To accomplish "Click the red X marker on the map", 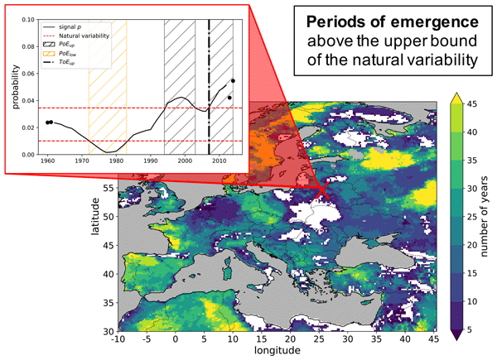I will point(321,191).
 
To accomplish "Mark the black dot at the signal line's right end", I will point(233,81).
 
